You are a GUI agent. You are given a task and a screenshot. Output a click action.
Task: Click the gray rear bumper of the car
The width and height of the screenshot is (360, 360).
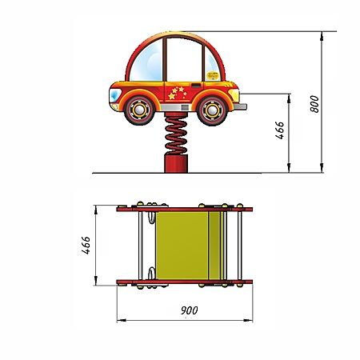click(x=239, y=106)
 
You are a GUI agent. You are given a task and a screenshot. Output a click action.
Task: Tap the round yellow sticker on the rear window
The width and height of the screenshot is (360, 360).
click(x=212, y=74)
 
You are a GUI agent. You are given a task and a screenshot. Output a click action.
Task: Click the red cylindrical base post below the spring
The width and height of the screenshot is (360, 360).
click(x=175, y=164)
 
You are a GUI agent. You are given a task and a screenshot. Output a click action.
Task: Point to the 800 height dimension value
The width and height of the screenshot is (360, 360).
click(x=315, y=104)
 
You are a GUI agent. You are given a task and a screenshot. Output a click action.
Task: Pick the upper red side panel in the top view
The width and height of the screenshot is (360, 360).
click(x=185, y=210)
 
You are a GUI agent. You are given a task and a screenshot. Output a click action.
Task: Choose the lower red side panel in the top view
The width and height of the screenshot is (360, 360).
click(x=185, y=282)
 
